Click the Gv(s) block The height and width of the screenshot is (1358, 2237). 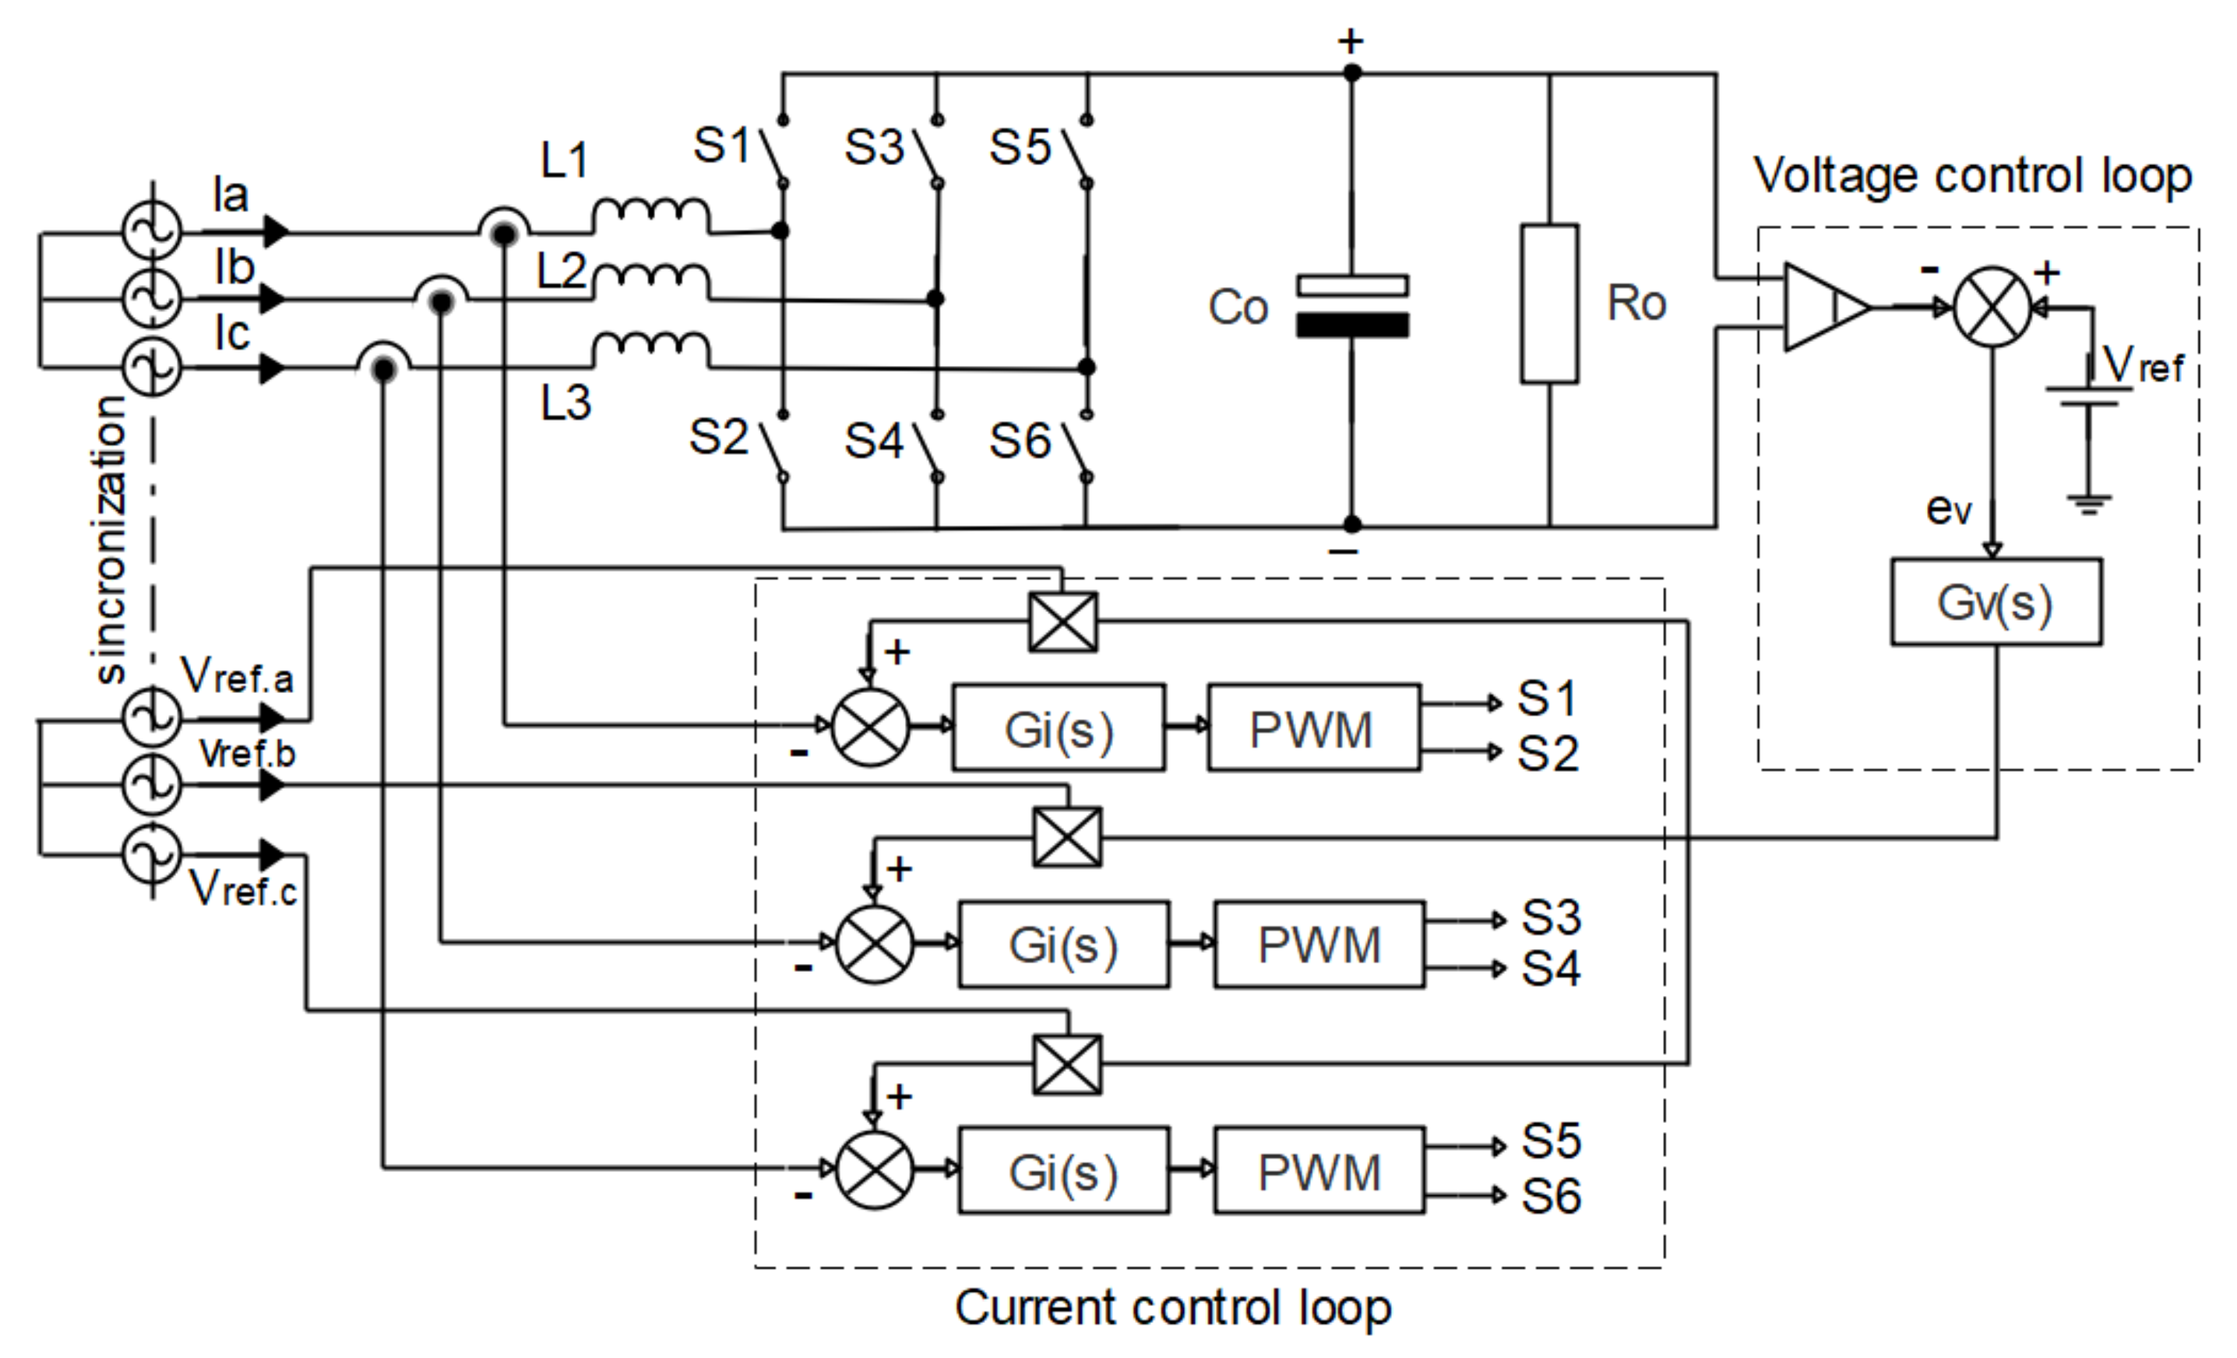(x=1996, y=603)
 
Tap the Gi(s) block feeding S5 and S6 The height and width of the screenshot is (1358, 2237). (x=1063, y=1172)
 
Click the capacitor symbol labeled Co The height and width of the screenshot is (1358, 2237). (x=1352, y=307)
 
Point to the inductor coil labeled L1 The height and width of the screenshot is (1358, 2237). (x=651, y=216)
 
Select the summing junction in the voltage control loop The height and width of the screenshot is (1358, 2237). (x=1992, y=307)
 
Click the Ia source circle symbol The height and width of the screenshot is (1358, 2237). (x=152, y=230)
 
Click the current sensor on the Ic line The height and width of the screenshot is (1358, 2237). (x=384, y=368)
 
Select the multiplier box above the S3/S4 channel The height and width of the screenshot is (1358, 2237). (x=1068, y=837)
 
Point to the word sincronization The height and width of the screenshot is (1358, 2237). (x=110, y=540)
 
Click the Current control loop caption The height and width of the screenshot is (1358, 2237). (x=1172, y=1308)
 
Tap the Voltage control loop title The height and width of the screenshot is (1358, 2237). (x=1972, y=175)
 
